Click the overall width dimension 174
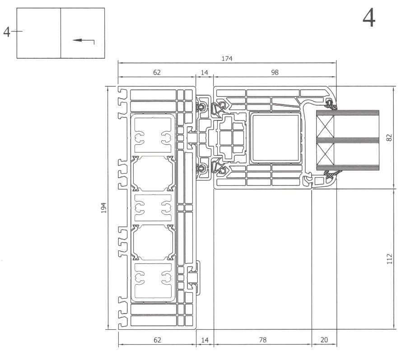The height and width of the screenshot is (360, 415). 227,59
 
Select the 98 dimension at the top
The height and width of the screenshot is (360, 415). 275,72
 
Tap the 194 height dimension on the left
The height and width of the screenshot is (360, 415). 103,208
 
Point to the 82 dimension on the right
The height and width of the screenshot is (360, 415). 390,137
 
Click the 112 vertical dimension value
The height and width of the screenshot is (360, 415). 390,258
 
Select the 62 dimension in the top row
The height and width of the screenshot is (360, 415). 156,72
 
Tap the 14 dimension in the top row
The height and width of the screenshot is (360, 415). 204,72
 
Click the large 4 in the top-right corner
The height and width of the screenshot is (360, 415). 369,19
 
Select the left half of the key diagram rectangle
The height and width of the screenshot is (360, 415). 39,33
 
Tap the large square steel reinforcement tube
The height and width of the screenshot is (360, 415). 275,137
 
